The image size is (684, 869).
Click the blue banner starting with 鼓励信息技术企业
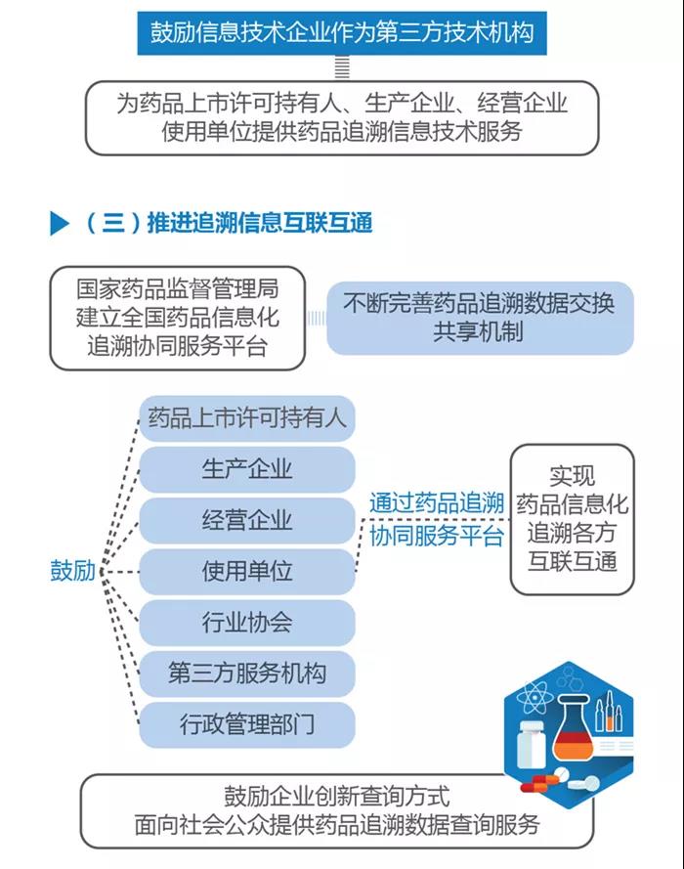pos(342,32)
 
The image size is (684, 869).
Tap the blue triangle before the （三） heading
pos(59,223)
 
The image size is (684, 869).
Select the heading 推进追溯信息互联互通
pos(259,223)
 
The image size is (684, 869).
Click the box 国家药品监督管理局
pos(177,318)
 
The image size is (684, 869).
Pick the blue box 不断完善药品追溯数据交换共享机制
pos(480,318)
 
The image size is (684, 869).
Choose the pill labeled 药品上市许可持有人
pos(246,418)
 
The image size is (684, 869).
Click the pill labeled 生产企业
pos(246,469)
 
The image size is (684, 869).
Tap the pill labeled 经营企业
pos(246,520)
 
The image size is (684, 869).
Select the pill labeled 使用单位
pos(246,572)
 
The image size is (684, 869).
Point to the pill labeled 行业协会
pos(246,623)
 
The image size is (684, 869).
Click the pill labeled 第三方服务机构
pos(246,673)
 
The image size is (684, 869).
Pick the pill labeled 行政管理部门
pos(246,724)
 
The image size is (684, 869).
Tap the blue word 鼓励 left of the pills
pos(72,571)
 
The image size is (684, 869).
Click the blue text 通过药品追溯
pos(437,502)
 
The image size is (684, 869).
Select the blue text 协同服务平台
pos(437,536)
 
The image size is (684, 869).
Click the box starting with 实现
pos(573,519)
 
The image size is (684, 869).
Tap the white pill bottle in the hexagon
pos(531,744)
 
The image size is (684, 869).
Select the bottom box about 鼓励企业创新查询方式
pos(337,810)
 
